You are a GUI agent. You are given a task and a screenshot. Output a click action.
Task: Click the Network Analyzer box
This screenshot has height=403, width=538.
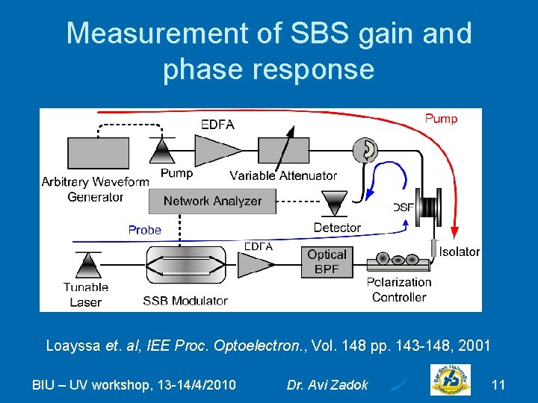pos(212,201)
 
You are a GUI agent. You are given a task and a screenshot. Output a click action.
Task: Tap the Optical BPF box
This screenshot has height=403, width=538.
pos(327,262)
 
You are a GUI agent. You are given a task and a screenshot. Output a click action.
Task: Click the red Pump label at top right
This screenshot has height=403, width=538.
pos(441,118)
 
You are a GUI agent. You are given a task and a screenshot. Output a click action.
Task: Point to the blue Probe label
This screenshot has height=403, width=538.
pos(144,230)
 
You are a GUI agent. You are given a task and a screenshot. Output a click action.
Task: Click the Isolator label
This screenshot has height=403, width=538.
pos(459,252)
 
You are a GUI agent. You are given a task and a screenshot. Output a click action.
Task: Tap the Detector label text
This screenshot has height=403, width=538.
pos(337,228)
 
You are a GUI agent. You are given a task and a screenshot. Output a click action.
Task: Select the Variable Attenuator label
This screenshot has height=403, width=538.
pos(283,176)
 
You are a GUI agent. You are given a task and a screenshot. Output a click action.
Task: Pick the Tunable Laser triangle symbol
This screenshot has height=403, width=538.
pos(89,265)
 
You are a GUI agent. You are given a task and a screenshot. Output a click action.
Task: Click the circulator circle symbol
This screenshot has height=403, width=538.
pos(368,150)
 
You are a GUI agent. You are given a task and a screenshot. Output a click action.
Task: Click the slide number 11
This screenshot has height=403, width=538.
pos(498,385)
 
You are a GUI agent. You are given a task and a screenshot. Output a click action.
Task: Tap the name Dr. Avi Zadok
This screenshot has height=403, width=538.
pos(327,385)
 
